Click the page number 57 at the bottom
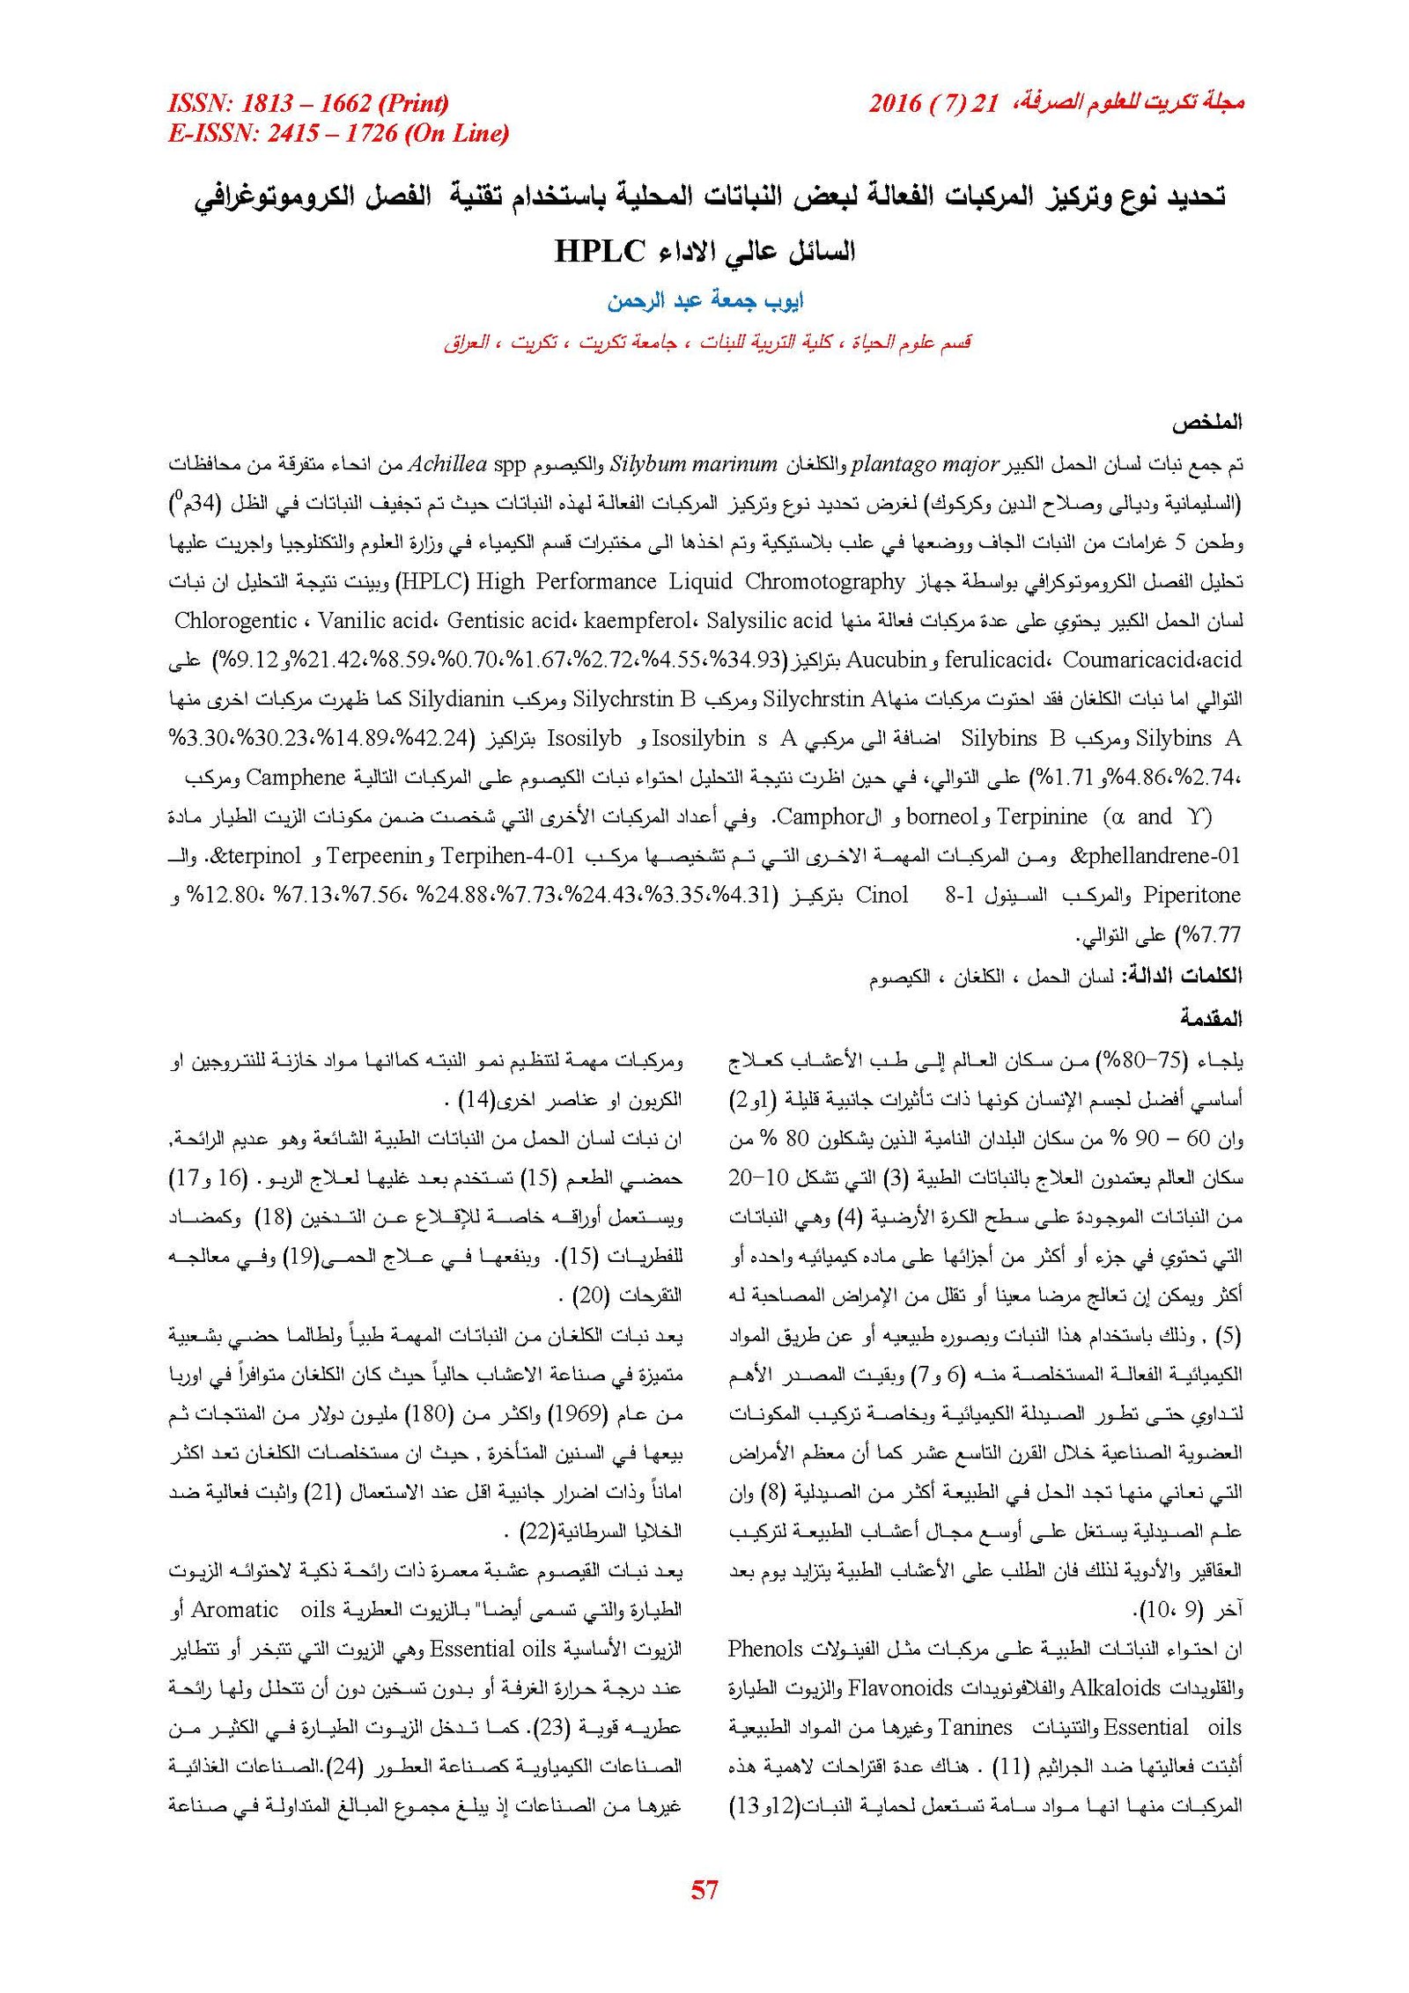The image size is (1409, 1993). (704, 1888)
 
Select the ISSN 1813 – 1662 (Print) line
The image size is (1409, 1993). (308, 104)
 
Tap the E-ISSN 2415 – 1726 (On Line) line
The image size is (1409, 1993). (338, 134)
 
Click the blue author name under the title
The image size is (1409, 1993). (705, 301)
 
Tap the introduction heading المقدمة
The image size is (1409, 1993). (1211, 1019)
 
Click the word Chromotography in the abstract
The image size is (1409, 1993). (824, 582)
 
